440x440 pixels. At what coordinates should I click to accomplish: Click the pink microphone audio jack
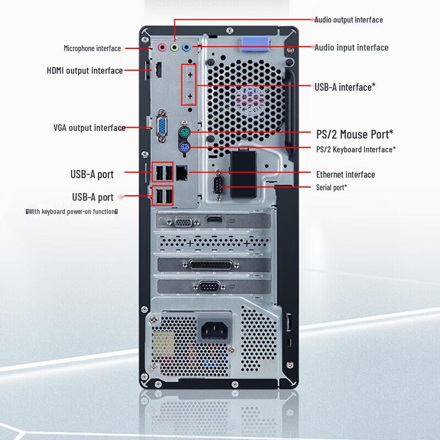point(162,47)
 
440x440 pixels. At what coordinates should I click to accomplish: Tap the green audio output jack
point(174,47)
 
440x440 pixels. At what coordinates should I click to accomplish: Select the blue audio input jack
point(186,47)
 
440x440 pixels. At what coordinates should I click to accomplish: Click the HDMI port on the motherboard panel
point(158,70)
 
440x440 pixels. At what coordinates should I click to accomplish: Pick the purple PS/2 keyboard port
point(184,147)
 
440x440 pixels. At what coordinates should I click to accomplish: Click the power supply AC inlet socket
point(215,330)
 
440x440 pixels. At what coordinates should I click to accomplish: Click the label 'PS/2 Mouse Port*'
point(355,134)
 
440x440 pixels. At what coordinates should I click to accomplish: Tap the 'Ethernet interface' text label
point(345,174)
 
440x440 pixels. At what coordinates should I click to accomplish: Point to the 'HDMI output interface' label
point(85,70)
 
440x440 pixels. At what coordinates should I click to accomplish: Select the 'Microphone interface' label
point(92,48)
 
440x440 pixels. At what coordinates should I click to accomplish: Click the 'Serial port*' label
point(331,188)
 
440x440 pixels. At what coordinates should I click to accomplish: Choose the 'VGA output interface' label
point(89,128)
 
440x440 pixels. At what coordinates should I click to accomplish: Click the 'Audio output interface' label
point(349,20)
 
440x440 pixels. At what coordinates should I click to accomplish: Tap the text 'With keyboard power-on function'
point(72,211)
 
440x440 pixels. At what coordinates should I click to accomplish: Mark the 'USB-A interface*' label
point(345,86)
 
